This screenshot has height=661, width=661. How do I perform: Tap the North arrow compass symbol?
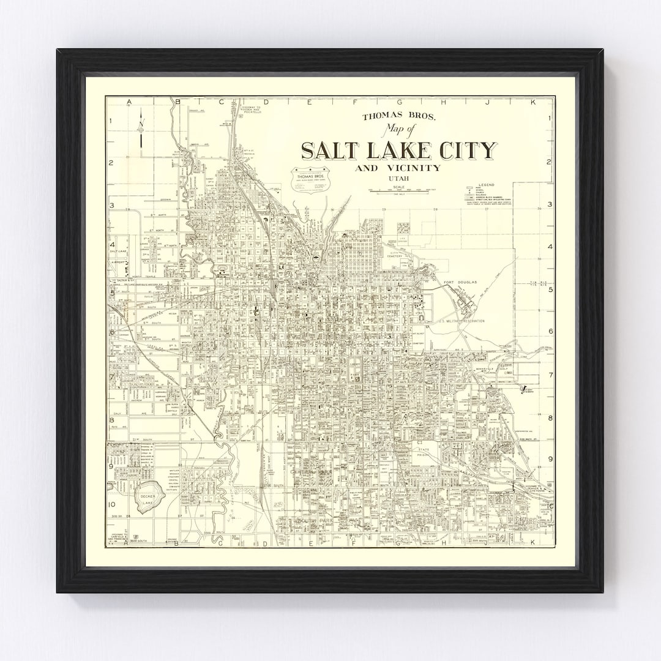click(140, 129)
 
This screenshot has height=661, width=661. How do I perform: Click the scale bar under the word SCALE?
click(400, 192)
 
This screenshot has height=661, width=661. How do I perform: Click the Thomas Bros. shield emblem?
click(310, 179)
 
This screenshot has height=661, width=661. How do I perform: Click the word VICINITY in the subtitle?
click(414, 168)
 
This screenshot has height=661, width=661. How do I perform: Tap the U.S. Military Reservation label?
click(462, 321)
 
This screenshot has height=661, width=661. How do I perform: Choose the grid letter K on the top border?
click(532, 102)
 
